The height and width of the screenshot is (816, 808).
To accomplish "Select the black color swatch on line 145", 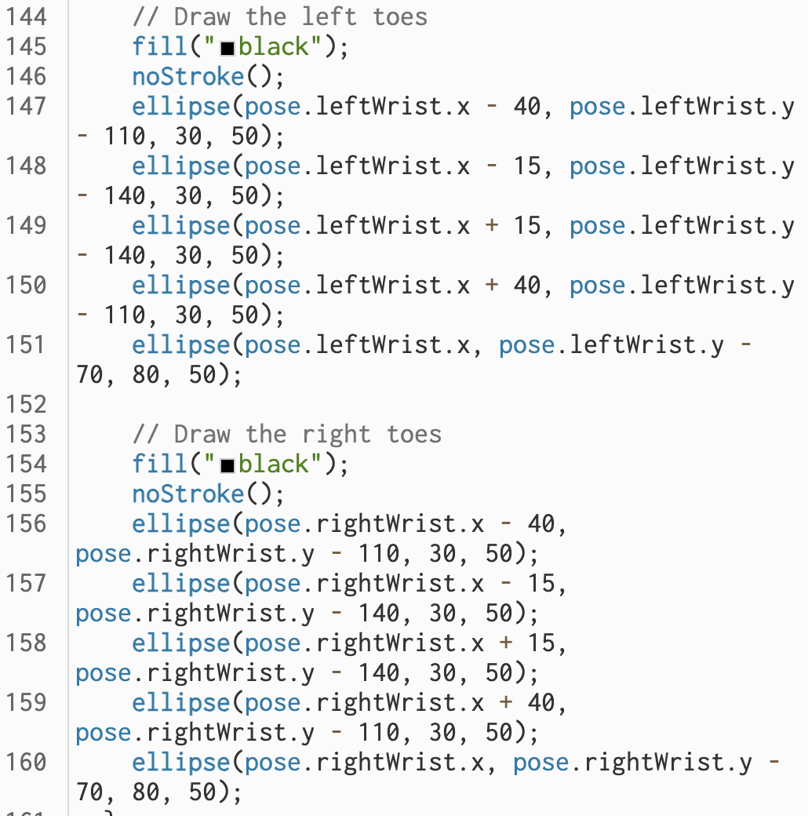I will [x=227, y=48].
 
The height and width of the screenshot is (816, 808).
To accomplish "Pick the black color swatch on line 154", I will [x=227, y=465].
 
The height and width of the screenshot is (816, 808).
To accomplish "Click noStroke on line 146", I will [x=188, y=76].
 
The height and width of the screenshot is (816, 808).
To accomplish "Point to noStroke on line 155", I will [x=188, y=494].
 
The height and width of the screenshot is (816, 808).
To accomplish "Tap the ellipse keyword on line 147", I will [x=181, y=106].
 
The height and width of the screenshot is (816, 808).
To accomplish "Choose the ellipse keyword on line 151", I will [x=181, y=344].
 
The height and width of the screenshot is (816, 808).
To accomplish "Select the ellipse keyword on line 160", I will [x=181, y=762].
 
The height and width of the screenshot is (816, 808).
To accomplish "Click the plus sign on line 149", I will [x=492, y=225].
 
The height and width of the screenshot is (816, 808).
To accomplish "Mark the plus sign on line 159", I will [x=506, y=702].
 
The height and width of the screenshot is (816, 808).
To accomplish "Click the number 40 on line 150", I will [x=528, y=285].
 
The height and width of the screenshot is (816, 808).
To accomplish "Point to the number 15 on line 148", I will [x=528, y=166].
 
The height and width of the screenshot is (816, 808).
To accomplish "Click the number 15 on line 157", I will [x=542, y=583].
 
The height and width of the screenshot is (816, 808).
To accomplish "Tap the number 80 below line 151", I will [x=147, y=374].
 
